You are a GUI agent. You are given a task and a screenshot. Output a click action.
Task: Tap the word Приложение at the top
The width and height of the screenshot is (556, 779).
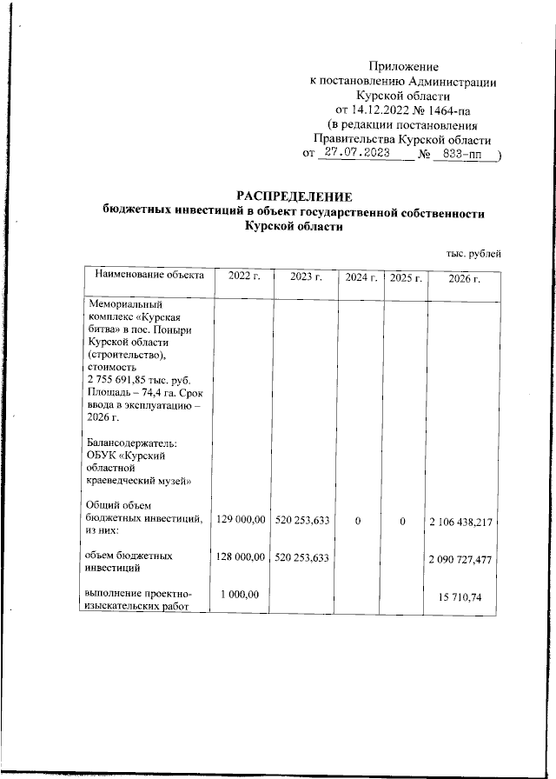(x=404, y=66)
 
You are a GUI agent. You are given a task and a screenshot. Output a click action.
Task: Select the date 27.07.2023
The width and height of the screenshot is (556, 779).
(x=355, y=152)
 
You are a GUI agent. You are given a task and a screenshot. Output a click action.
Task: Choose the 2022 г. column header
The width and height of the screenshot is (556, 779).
(x=243, y=276)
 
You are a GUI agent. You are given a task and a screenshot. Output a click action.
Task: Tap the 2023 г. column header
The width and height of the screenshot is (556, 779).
(x=306, y=276)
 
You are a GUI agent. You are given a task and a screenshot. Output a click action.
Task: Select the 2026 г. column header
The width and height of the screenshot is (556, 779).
(x=464, y=277)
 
